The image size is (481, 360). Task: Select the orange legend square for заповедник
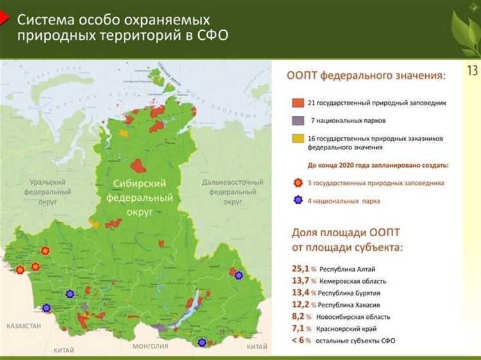pyautogui.click(x=297, y=102)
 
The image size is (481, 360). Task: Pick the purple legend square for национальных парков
pyautogui.click(x=297, y=121)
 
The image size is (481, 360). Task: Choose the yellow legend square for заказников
pyautogui.click(x=297, y=138)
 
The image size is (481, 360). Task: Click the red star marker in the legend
pyautogui.click(x=297, y=183)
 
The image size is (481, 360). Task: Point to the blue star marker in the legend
pyautogui.click(x=297, y=201)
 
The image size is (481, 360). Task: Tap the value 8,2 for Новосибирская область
pyautogui.click(x=300, y=316)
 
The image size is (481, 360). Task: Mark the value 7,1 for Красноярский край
pyautogui.click(x=300, y=328)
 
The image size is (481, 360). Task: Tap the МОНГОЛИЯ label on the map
pyautogui.click(x=150, y=347)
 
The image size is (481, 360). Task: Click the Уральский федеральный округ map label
pyautogui.click(x=47, y=191)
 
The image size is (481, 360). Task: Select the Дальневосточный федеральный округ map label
pyautogui.click(x=233, y=191)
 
